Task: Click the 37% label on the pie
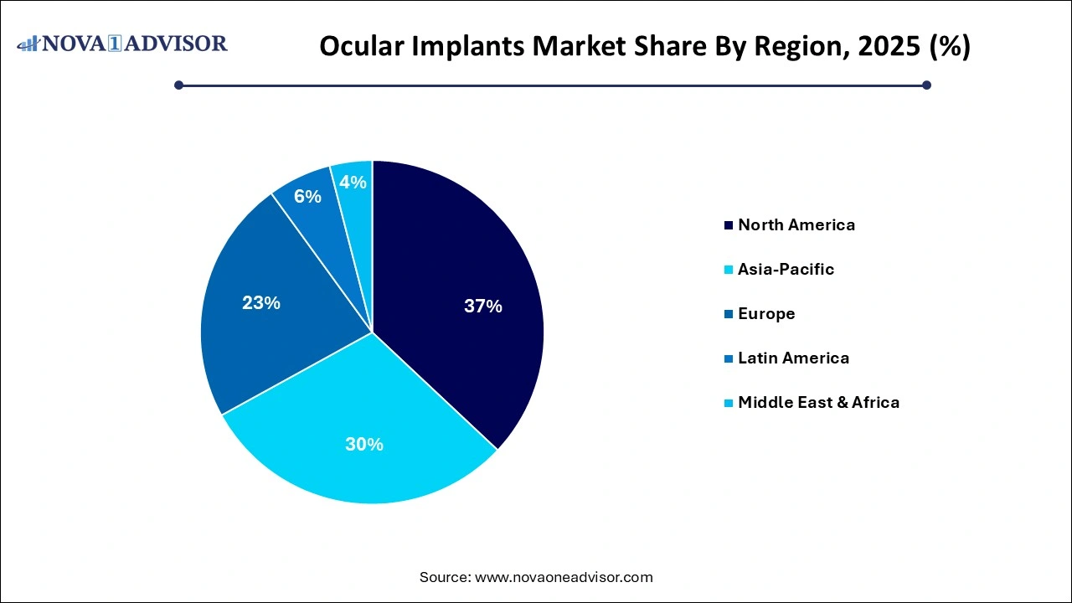[483, 307]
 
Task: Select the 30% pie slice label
[364, 445]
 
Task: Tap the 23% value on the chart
[261, 303]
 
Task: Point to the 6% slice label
[307, 197]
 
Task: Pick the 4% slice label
[353, 182]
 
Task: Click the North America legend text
[796, 224]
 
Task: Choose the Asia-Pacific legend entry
[786, 269]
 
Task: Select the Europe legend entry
[765, 313]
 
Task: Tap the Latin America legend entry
[793, 358]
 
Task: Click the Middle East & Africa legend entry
[818, 402]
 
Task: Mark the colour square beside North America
[729, 225]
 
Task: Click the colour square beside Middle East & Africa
[729, 403]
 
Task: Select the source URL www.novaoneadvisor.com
[564, 577]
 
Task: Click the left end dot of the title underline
[178, 85]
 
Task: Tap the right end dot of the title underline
[926, 85]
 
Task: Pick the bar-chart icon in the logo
[28, 43]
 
